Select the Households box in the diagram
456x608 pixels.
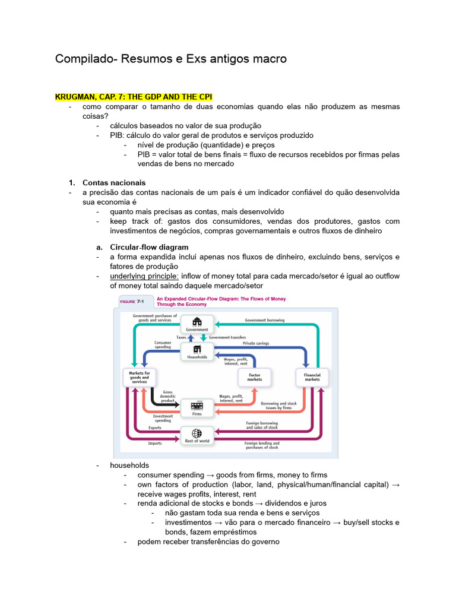pyautogui.click(x=197, y=352)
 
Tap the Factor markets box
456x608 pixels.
pyautogui.click(x=254, y=377)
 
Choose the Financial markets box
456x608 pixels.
pyautogui.click(x=312, y=377)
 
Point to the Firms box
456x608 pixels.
pyautogui.click(x=197, y=408)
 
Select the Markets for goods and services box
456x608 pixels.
pyautogui.click(x=140, y=377)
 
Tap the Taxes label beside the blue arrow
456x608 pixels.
pyautogui.click(x=181, y=337)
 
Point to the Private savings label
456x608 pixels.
pyautogui.click(x=256, y=344)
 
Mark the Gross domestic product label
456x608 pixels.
pyautogui.click(x=168, y=397)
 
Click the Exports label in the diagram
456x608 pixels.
pyautogui.click(x=155, y=427)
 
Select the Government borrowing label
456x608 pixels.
pyautogui.click(x=265, y=320)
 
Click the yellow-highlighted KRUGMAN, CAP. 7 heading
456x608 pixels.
pyautogui.click(x=134, y=97)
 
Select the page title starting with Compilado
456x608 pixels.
pyautogui.click(x=171, y=59)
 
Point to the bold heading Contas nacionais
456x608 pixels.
pyautogui.click(x=114, y=183)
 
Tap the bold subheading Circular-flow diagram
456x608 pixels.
pyautogui.click(x=149, y=247)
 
